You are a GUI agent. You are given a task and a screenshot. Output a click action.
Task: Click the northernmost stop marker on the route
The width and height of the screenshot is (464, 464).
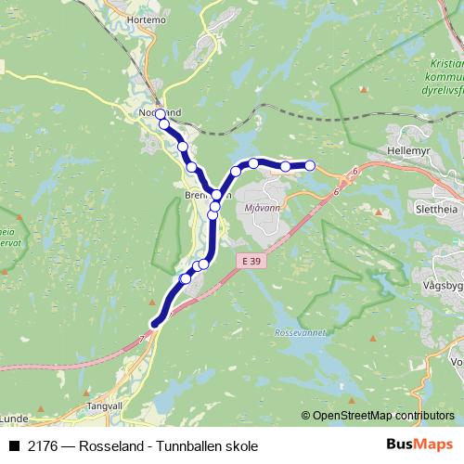[x=161, y=114]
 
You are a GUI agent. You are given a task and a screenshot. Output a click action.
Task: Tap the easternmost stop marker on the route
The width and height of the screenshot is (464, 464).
[x=311, y=166]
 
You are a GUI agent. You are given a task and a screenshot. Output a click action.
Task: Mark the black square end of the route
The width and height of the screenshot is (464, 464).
[x=155, y=322]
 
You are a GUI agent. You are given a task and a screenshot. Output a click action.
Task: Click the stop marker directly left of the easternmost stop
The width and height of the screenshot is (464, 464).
[x=286, y=166]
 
